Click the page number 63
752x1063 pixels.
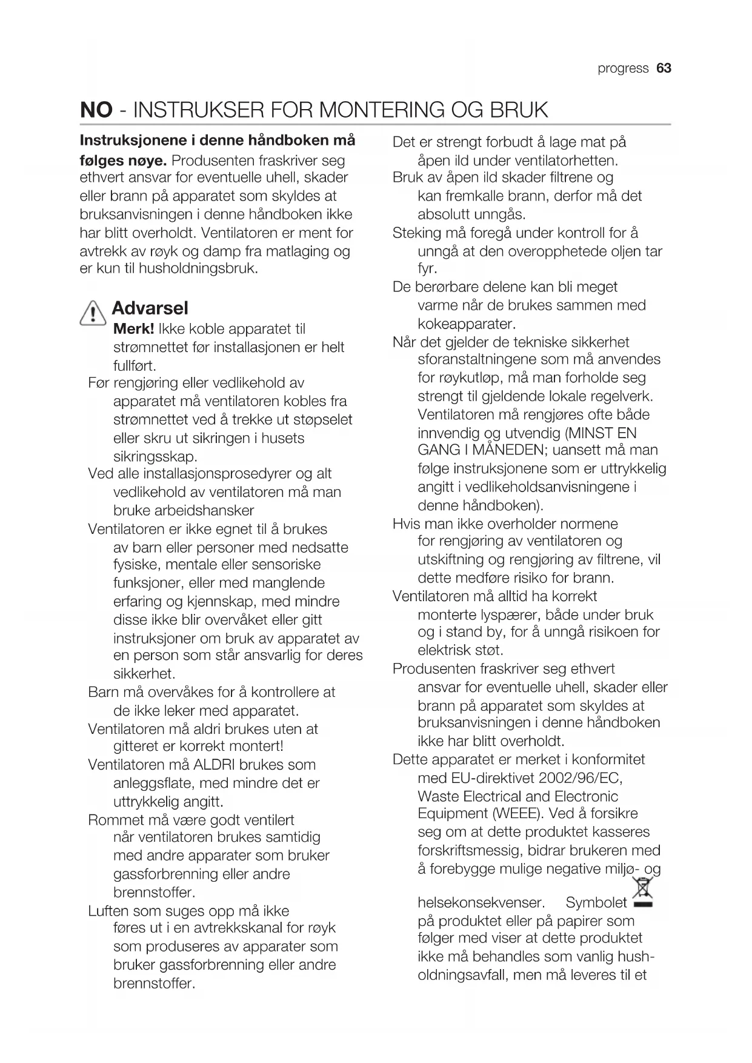664,68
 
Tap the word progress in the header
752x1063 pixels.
623,68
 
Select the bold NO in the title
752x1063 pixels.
96,110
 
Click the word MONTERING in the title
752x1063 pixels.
381,110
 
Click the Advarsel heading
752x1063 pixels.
150,308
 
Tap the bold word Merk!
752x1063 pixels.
133,329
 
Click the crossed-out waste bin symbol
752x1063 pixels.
642,893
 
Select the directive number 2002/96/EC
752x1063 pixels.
570,778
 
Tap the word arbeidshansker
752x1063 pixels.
184,510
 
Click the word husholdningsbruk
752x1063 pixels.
199,268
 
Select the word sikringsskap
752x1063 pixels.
155,456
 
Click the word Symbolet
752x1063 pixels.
596,902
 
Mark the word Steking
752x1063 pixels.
416,233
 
